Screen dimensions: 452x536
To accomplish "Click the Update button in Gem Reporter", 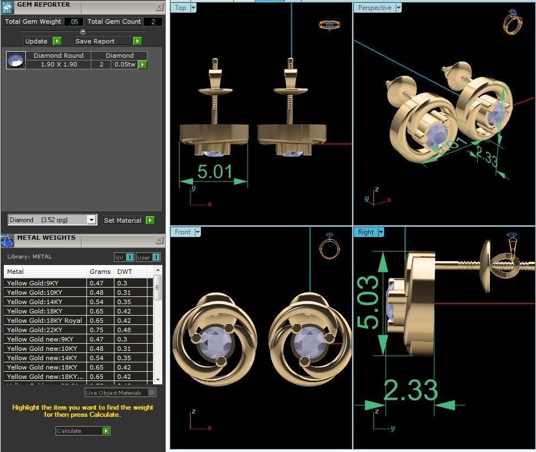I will (x=42, y=41).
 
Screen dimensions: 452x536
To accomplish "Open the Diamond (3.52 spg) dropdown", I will (x=91, y=220).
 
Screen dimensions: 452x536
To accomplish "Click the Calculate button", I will (x=83, y=431).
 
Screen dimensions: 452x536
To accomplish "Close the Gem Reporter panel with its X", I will (x=159, y=7).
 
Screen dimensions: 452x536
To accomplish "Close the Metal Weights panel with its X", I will (x=159, y=240).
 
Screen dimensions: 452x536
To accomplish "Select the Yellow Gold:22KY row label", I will (x=35, y=330).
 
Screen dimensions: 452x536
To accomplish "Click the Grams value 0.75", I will (x=97, y=330).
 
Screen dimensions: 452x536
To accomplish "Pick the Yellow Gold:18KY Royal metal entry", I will (x=45, y=321).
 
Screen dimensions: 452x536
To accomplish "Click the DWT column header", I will (x=125, y=272).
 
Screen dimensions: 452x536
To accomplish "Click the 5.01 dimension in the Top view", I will (x=214, y=172).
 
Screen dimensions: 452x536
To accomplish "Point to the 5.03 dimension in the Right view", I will (x=369, y=302).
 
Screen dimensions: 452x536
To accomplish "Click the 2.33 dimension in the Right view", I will (x=410, y=390).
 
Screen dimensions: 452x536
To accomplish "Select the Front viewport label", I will (x=183, y=232).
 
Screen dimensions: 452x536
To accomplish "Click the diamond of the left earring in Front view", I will (x=215, y=341).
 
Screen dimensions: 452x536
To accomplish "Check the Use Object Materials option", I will (x=151, y=393).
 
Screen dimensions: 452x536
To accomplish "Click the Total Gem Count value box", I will (x=152, y=21).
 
